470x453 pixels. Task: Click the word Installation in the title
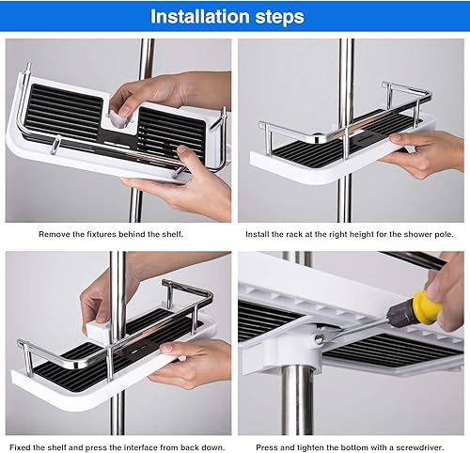[200, 16]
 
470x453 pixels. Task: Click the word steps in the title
[280, 18]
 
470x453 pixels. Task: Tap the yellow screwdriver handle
[427, 307]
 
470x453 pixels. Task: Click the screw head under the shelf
[319, 338]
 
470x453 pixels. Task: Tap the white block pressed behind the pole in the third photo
[98, 332]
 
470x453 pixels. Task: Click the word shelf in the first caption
[172, 234]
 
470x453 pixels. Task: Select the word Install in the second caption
[256, 234]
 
